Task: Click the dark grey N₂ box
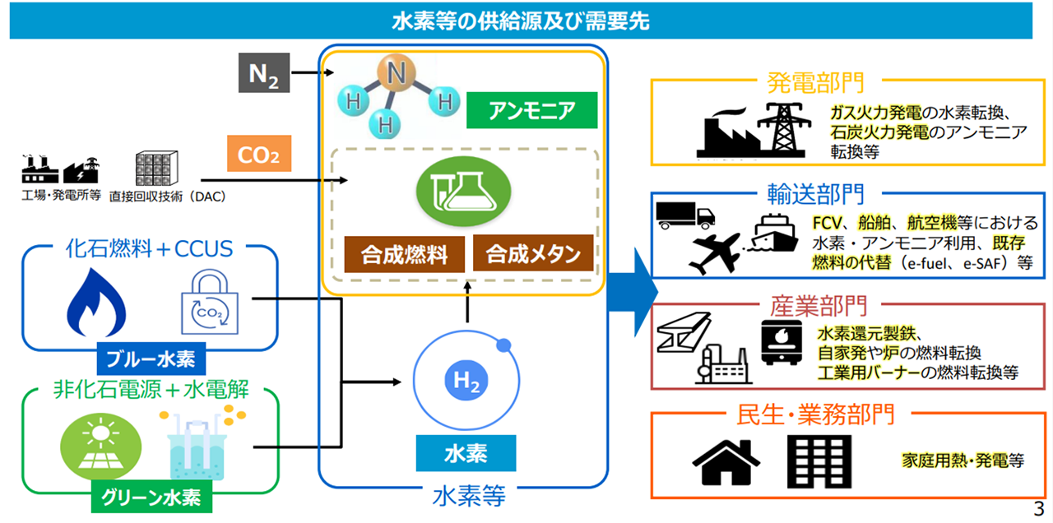coord(263,73)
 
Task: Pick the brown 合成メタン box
coord(532,253)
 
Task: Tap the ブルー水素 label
coord(151,359)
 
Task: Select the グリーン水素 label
coord(151,497)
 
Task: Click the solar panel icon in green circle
coord(96,445)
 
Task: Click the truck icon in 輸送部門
coord(685,215)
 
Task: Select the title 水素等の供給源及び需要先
coord(520,21)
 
